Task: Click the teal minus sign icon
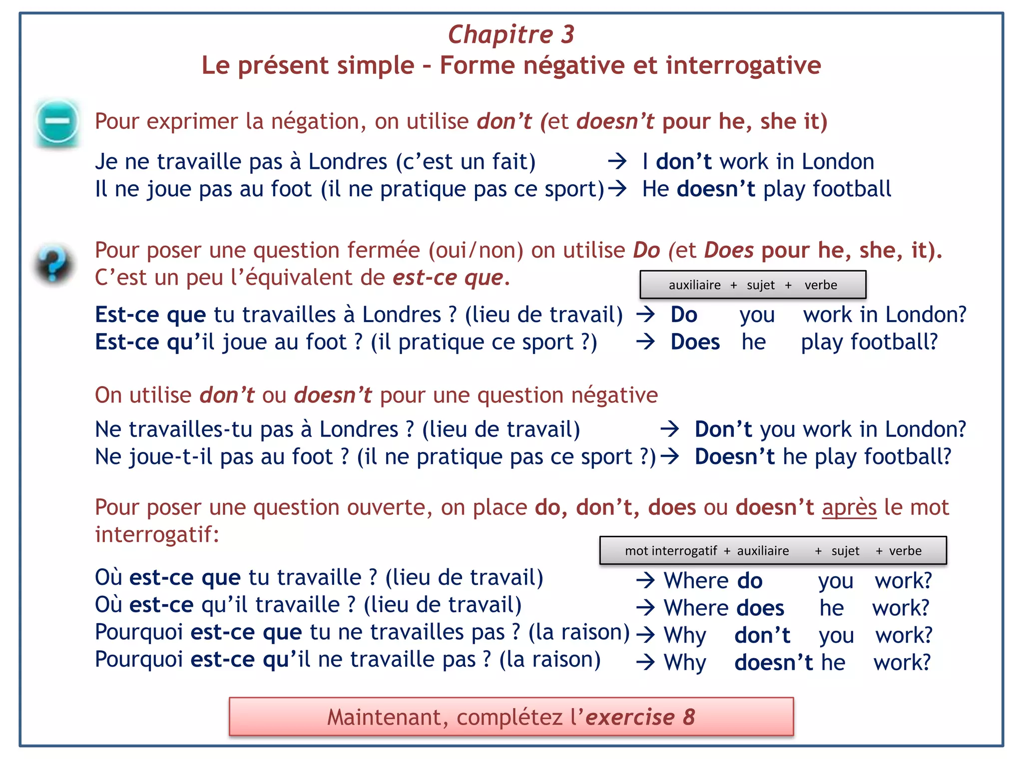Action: click(57, 121)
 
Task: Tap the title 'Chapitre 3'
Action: click(511, 34)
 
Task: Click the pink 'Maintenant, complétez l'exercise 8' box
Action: click(511, 717)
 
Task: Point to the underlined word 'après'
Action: click(849, 507)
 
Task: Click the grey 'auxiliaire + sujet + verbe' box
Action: click(753, 285)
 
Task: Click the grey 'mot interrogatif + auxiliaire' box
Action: click(773, 550)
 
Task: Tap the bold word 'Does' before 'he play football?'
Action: click(695, 342)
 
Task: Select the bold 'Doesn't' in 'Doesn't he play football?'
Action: click(734, 456)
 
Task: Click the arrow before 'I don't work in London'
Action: click(617, 161)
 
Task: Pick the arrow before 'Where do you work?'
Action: click(645, 580)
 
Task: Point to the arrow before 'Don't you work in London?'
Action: click(669, 429)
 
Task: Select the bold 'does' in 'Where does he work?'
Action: click(760, 608)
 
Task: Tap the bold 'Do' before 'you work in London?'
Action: click(683, 315)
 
